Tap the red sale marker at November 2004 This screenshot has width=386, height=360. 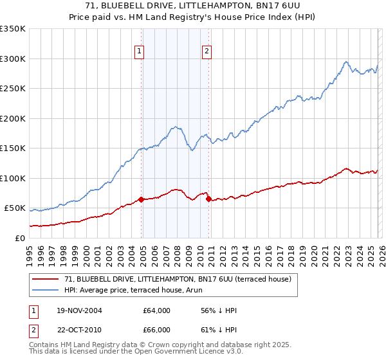point(142,199)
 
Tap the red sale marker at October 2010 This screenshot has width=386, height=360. point(208,199)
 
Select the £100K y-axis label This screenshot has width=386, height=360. point(13,178)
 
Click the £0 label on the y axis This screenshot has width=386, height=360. point(19,238)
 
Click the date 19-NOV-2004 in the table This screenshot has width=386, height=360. point(78,310)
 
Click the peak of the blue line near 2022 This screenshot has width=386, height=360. point(346,62)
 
